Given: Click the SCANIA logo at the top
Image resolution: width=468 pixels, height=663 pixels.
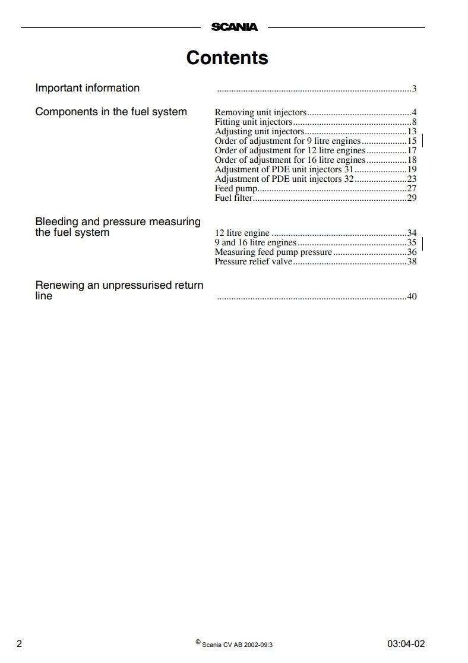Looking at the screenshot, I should click(235, 27).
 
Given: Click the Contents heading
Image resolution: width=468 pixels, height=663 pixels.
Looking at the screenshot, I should click(227, 58).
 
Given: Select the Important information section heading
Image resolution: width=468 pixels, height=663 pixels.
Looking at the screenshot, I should click(87, 88).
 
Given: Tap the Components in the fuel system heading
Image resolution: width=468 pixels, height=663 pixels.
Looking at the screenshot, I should click(111, 112).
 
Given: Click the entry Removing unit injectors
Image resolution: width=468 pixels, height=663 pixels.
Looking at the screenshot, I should click(261, 112).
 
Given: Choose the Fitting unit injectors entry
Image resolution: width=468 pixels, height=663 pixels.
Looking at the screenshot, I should click(254, 122).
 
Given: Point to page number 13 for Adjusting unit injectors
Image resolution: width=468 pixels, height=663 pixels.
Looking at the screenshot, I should click(412, 131).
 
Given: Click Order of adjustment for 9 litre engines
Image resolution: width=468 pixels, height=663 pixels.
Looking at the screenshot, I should click(287, 141).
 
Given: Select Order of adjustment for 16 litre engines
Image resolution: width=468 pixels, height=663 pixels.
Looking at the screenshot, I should click(290, 160).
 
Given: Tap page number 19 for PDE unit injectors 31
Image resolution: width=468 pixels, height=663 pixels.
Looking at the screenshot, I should click(412, 169).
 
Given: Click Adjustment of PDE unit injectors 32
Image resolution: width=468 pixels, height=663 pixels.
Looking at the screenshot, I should click(284, 179).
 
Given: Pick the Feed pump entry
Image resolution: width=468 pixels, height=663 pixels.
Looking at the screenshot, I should click(236, 188).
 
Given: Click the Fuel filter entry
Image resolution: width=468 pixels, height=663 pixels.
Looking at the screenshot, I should click(233, 198).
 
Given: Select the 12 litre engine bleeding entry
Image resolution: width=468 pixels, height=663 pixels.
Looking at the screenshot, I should click(242, 233).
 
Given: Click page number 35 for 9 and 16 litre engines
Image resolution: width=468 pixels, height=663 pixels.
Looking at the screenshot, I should click(412, 242).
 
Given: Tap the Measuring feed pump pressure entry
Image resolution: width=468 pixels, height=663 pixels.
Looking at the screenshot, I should click(273, 252).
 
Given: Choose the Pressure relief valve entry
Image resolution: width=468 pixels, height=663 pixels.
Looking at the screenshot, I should click(254, 261).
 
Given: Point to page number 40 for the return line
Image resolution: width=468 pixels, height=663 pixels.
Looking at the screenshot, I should click(412, 296).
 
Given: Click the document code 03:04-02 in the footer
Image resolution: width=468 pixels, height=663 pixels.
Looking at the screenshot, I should click(406, 644).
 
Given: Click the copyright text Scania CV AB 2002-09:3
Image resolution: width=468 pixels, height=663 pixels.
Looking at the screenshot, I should click(237, 644).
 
